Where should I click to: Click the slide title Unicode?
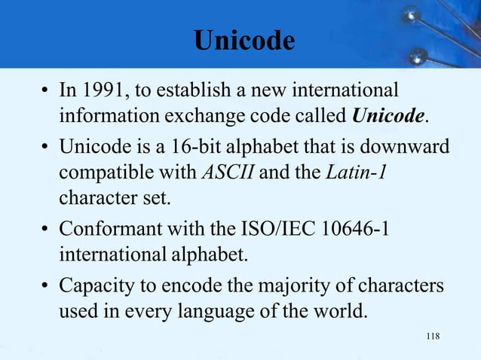242,40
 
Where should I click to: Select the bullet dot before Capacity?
45,287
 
